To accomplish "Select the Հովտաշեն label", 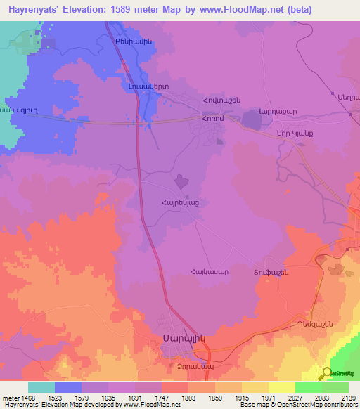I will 221,100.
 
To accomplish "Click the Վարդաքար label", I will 271,110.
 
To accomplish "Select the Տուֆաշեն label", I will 271,272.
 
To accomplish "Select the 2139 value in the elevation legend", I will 348,397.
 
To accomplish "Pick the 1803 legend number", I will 188,397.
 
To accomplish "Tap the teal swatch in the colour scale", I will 41,387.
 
